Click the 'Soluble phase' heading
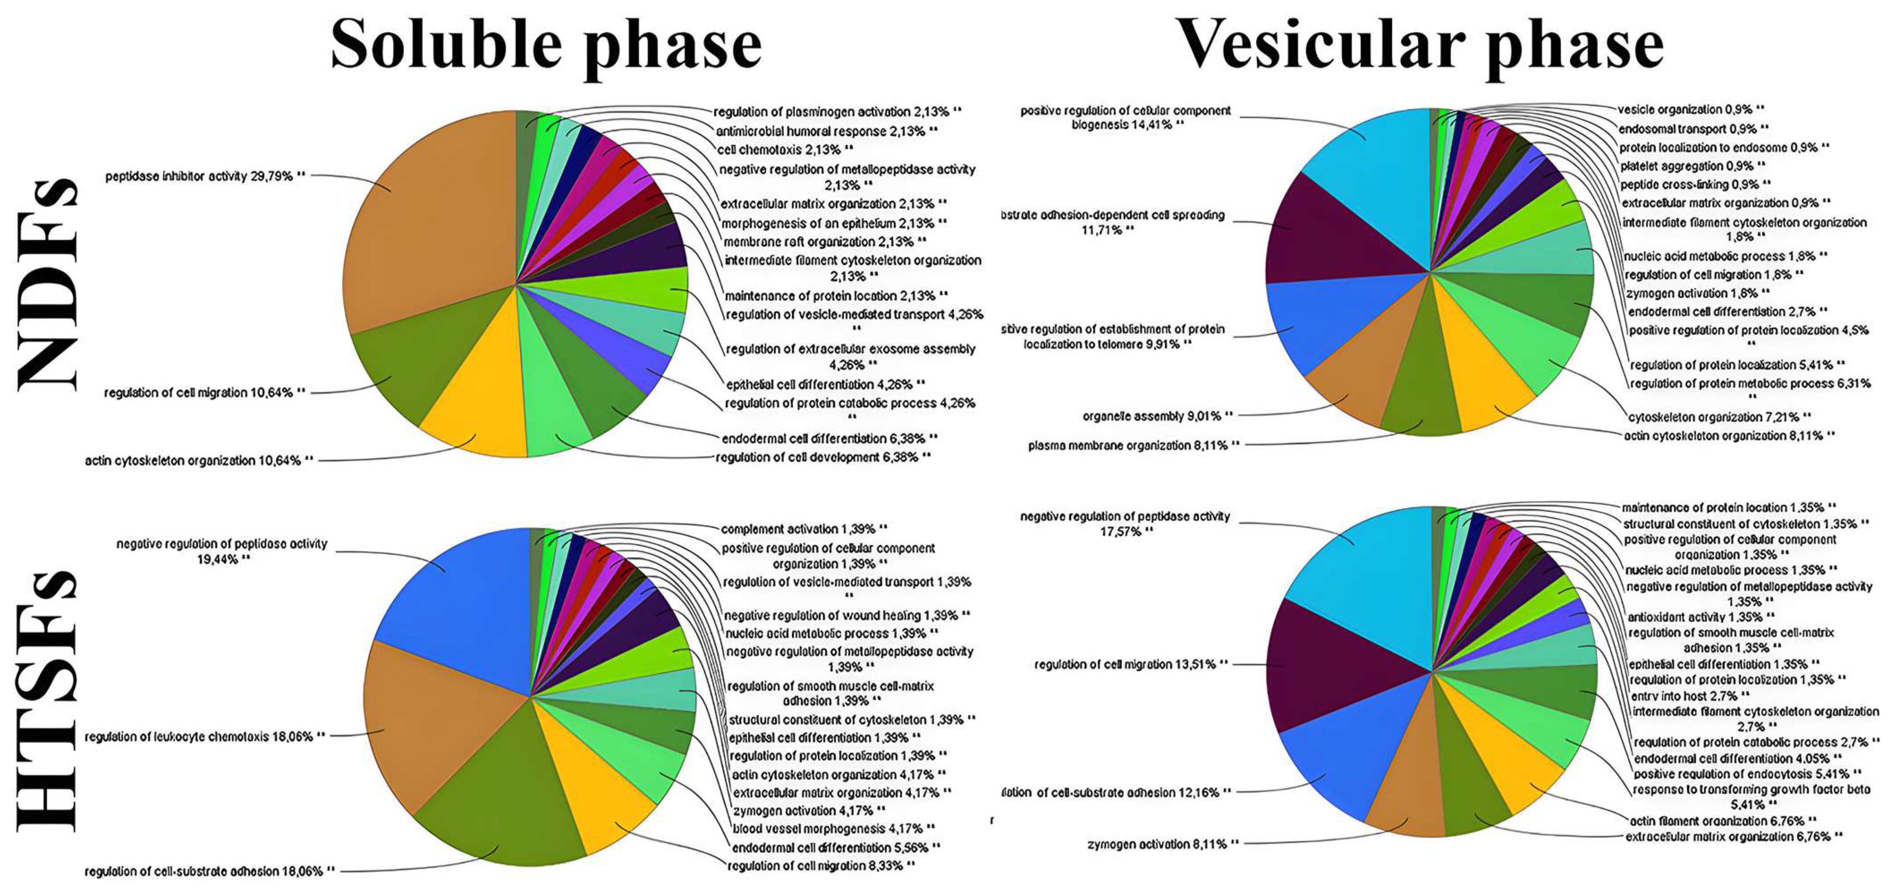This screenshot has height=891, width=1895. pyautogui.click(x=546, y=46)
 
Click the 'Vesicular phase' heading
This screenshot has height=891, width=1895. pyautogui.click(x=1420, y=46)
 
